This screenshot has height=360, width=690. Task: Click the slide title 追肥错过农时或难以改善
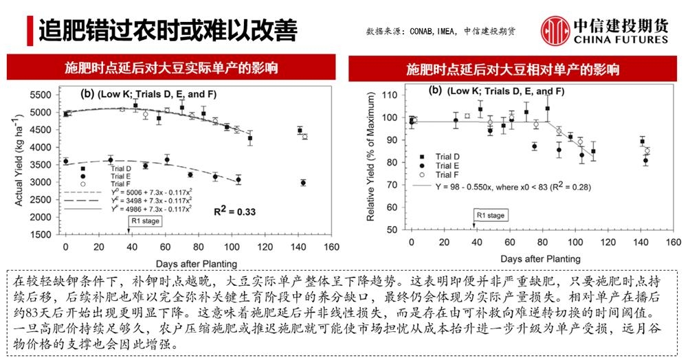pyautogui.click(x=168, y=30)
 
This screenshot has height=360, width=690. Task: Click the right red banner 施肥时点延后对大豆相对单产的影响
pyautogui.click(x=512, y=69)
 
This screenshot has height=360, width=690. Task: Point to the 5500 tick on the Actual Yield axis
pyautogui.click(x=42, y=94)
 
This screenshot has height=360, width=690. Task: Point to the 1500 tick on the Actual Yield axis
pyautogui.click(x=42, y=234)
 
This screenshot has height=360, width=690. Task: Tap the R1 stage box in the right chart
pyautogui.click(x=490, y=216)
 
